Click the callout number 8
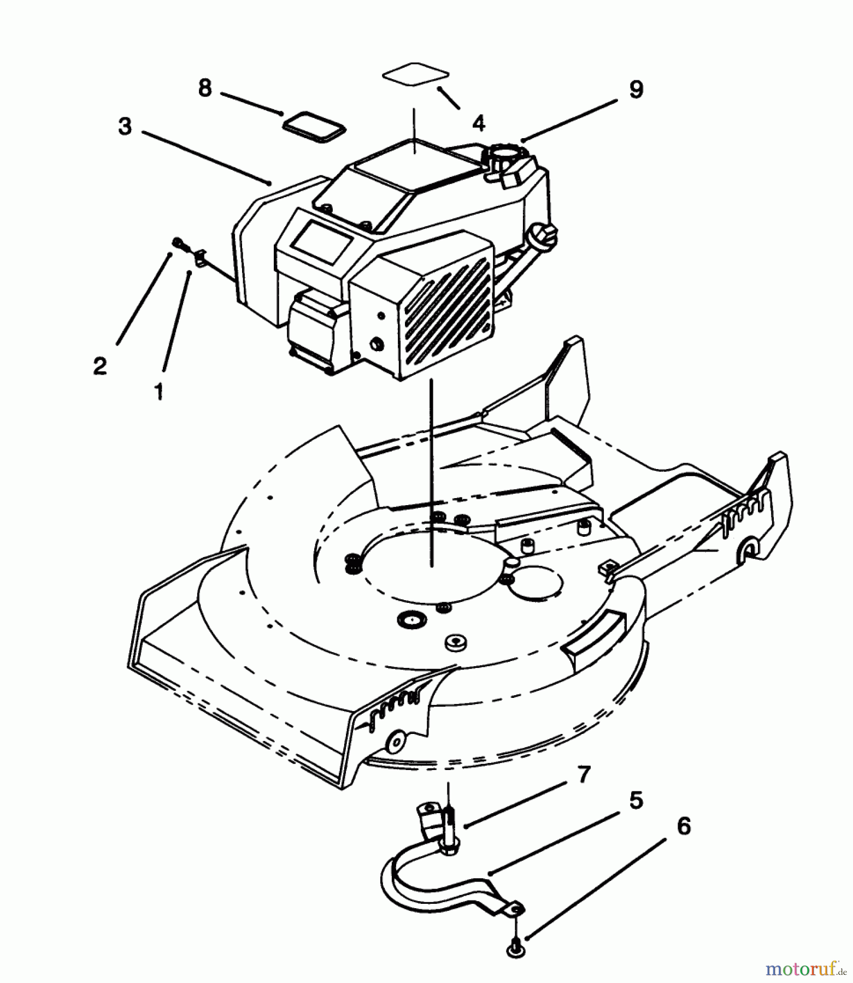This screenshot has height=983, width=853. [204, 88]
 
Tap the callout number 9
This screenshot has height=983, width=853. [636, 90]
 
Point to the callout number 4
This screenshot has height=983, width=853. [478, 123]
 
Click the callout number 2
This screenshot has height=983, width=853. [99, 366]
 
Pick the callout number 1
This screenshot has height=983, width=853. [158, 391]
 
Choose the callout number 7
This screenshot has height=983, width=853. [584, 774]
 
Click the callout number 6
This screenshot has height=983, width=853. [683, 826]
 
